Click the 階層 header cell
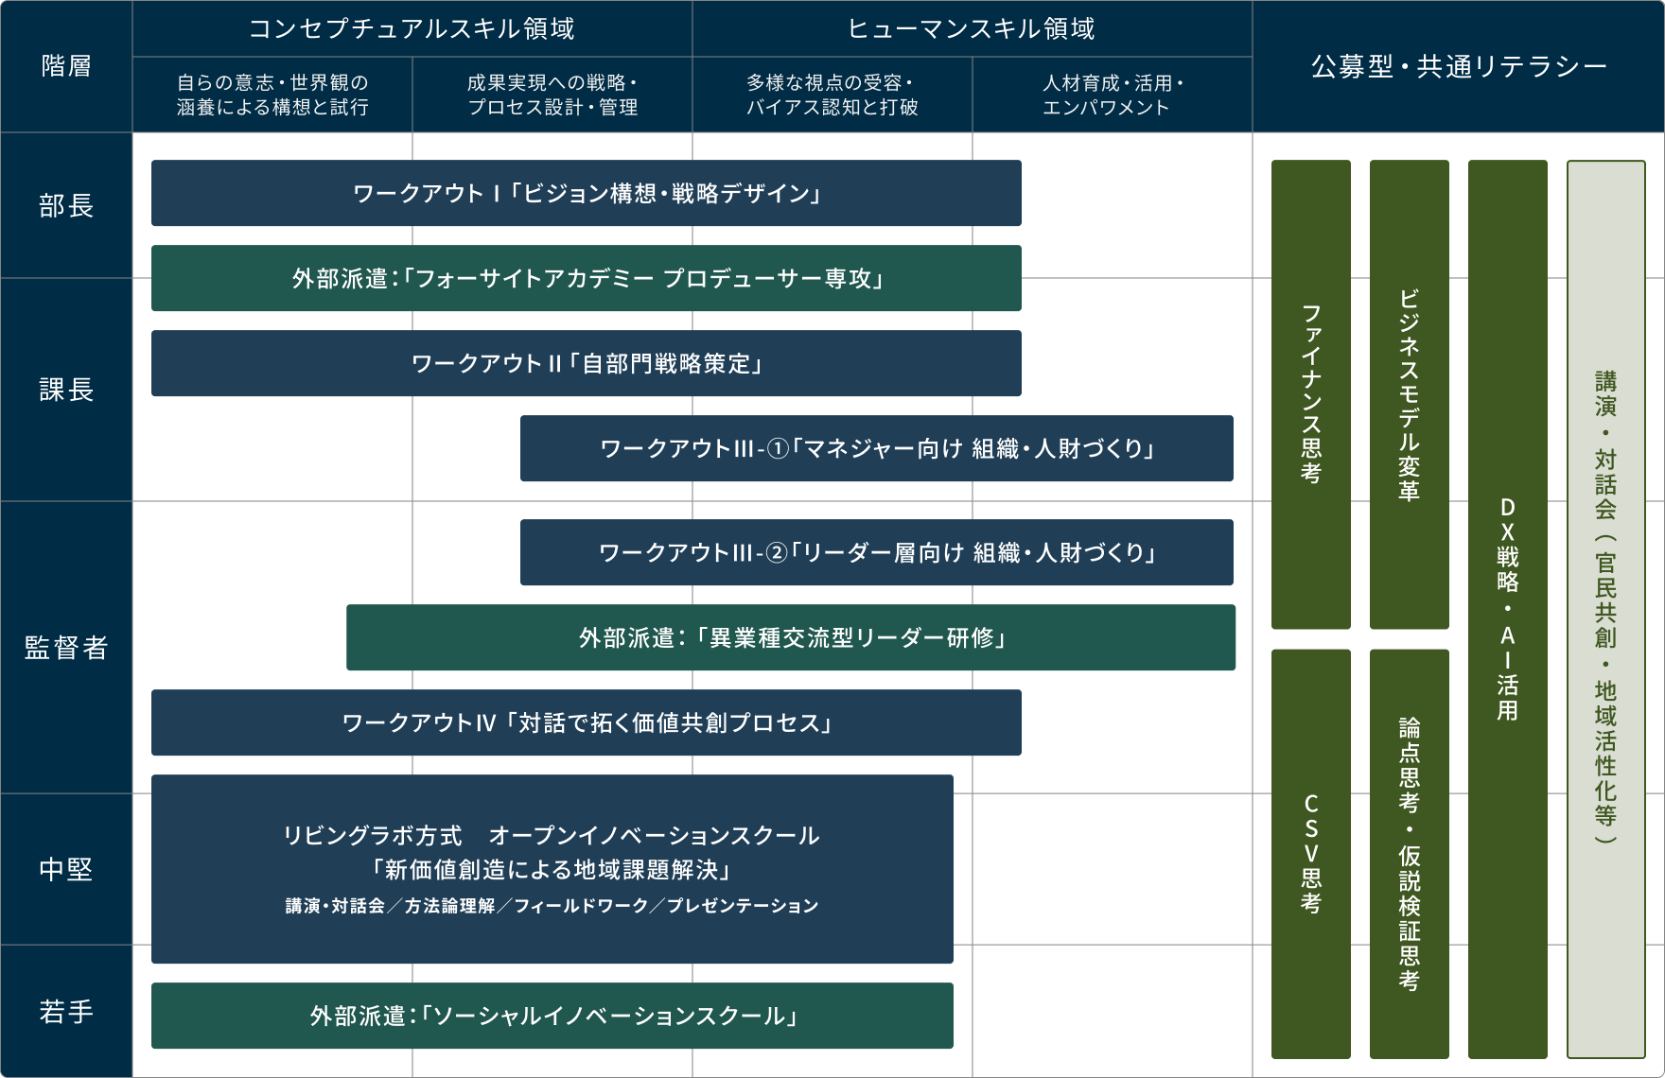click(66, 66)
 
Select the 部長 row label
click(66, 205)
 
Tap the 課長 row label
click(66, 390)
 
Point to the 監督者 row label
click(66, 648)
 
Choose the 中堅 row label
click(66, 869)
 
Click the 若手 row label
click(66, 1012)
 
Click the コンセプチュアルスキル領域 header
click(412, 29)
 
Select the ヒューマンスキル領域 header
click(972, 29)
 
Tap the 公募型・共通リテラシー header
click(1458, 66)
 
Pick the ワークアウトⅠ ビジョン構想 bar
click(586, 193)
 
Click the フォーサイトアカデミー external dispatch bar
click(586, 278)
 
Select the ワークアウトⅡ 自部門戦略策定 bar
click(586, 363)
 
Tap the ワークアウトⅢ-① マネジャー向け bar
click(876, 448)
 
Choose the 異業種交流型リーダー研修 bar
click(790, 637)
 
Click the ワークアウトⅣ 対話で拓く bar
click(586, 722)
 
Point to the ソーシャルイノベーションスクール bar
click(552, 1016)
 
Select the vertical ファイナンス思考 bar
click(1310, 394)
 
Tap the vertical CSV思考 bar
click(1310, 853)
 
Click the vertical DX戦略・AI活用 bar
click(1507, 609)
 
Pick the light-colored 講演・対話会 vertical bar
click(1605, 609)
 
